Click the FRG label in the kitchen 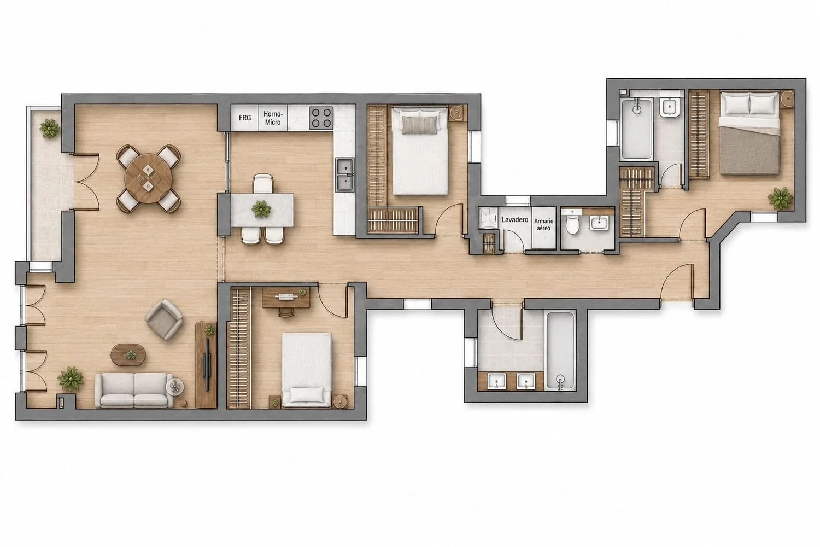(x=245, y=118)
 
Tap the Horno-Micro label (x=273, y=118)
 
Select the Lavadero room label (x=515, y=220)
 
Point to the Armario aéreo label (x=543, y=225)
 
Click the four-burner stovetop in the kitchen (x=321, y=118)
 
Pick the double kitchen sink (x=345, y=175)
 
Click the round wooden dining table (x=148, y=178)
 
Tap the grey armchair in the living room (x=163, y=320)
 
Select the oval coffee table (x=128, y=354)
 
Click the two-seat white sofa (x=134, y=390)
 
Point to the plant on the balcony (x=49, y=128)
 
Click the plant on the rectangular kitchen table (x=261, y=209)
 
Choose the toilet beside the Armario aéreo (x=571, y=223)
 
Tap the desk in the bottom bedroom (x=286, y=298)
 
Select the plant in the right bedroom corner (x=780, y=198)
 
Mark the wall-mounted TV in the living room (x=207, y=364)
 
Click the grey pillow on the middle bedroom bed (x=419, y=125)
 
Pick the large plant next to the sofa (x=71, y=379)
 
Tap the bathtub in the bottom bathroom (x=560, y=351)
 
